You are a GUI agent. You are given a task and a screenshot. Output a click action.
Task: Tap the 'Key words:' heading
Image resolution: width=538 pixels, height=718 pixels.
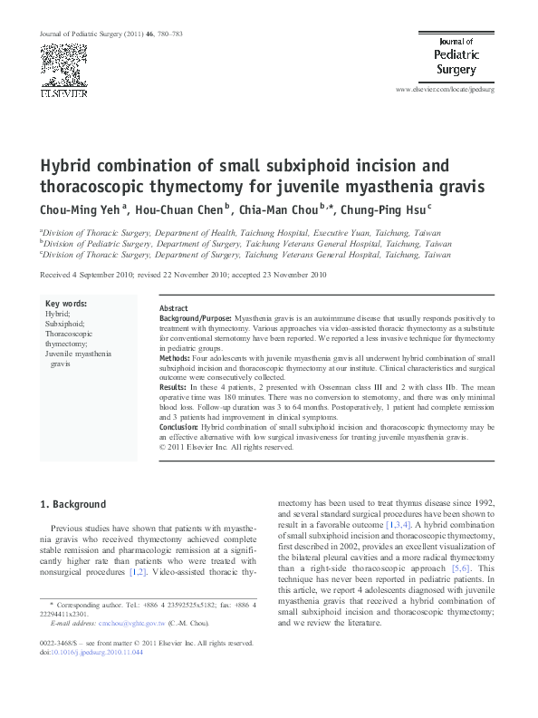[66, 303]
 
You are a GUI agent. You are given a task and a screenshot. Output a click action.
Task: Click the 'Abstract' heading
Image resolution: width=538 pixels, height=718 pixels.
[173, 308]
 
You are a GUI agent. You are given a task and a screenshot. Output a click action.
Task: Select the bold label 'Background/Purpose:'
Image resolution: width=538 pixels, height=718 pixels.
[195, 319]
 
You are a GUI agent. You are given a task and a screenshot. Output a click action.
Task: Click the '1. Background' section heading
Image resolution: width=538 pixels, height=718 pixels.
[75, 504]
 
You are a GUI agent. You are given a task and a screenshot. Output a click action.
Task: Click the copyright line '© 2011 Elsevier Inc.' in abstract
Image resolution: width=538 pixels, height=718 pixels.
[226, 446]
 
